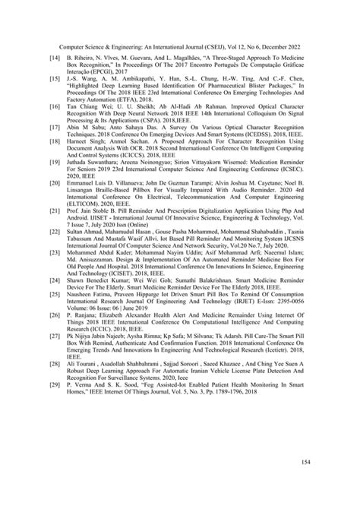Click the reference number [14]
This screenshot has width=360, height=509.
53,57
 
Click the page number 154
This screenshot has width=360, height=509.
305,461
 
